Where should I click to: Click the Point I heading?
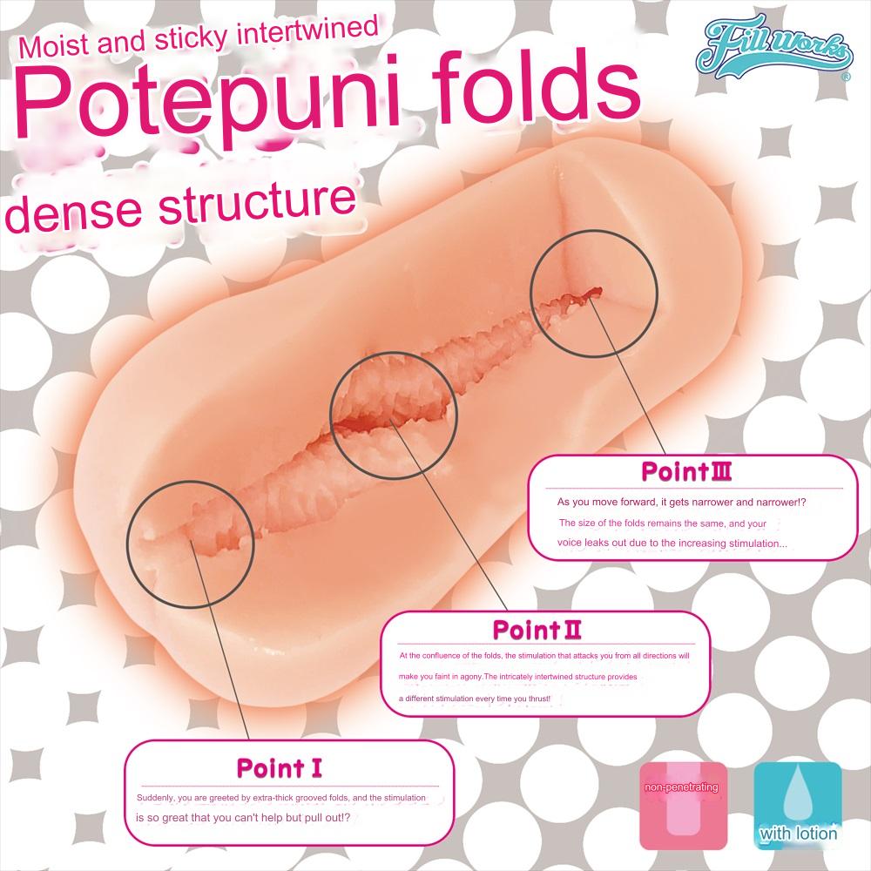(280, 767)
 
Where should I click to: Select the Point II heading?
(537, 629)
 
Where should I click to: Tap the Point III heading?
(685, 473)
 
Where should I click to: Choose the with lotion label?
(797, 834)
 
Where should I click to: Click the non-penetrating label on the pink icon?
(681, 787)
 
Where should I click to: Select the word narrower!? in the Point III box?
(790, 503)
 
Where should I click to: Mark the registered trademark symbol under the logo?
(845, 78)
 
